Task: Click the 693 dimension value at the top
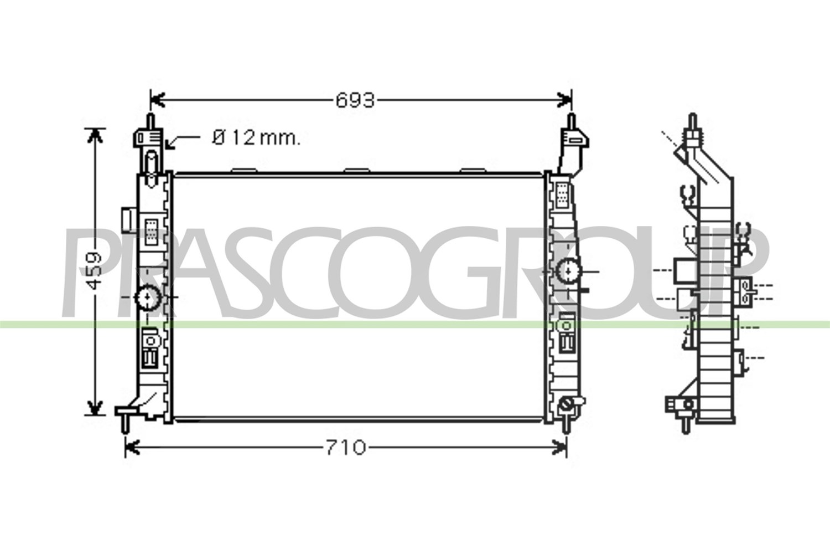pyautogui.click(x=355, y=100)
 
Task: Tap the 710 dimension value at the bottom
pyautogui.click(x=345, y=448)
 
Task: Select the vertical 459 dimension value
pyautogui.click(x=95, y=271)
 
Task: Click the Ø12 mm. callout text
pyautogui.click(x=256, y=138)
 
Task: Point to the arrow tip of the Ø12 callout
pyautogui.click(x=167, y=148)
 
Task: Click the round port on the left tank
pyautogui.click(x=148, y=297)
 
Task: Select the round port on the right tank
pyautogui.click(x=569, y=271)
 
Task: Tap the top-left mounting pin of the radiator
pyautogui.click(x=151, y=121)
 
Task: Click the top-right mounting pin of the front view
pyautogui.click(x=571, y=121)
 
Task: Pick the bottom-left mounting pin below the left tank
pyautogui.click(x=126, y=424)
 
